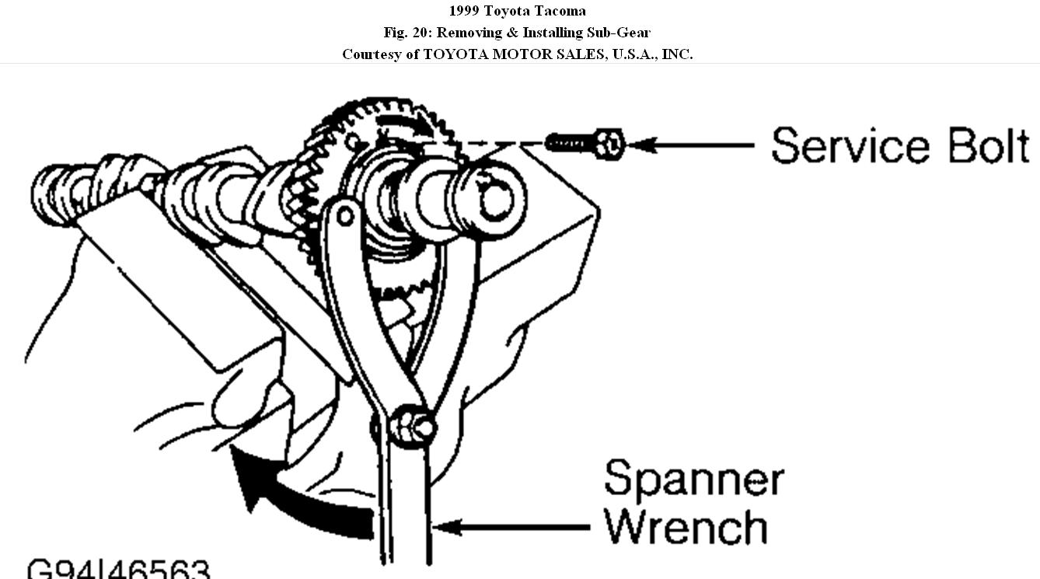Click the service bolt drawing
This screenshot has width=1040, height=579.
tap(584, 143)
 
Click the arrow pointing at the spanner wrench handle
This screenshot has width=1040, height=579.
tap(513, 528)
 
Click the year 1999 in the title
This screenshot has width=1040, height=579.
tap(464, 11)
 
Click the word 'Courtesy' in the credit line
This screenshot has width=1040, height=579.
tap(371, 54)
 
